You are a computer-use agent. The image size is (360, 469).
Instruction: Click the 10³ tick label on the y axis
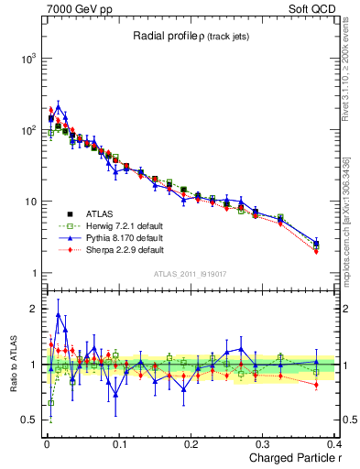[27, 59]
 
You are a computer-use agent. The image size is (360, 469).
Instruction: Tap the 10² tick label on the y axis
[27, 130]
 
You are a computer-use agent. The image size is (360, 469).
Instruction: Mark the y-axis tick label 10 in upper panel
[29, 202]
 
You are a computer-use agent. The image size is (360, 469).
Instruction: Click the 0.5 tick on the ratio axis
[27, 420]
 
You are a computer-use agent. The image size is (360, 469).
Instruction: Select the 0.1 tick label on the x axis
[119, 442]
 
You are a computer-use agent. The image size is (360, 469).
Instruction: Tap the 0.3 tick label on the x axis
[265, 442]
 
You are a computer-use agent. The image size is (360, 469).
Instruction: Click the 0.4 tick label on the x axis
[336, 442]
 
